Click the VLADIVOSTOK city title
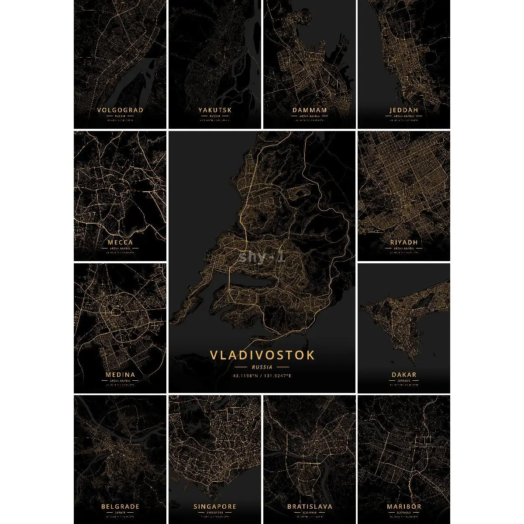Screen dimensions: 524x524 262,355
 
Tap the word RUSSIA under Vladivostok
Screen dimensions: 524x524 262,367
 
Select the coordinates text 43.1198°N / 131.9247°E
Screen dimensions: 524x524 262,376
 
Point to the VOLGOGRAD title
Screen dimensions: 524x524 120,110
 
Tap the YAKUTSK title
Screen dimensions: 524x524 215,110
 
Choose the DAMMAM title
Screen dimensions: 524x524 310,110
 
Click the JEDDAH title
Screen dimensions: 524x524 404,110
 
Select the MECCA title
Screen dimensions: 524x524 120,242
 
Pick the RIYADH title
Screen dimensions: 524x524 404,242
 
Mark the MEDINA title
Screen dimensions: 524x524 120,374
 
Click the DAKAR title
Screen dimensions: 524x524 404,374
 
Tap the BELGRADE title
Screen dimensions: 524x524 120,507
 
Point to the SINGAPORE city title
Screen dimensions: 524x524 215,507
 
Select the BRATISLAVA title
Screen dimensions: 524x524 310,507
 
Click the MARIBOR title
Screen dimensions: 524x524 404,507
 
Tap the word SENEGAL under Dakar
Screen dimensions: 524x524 404,380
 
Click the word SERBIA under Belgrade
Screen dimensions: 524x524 120,512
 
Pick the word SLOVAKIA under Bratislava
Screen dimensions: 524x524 310,512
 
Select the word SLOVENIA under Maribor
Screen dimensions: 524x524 404,512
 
